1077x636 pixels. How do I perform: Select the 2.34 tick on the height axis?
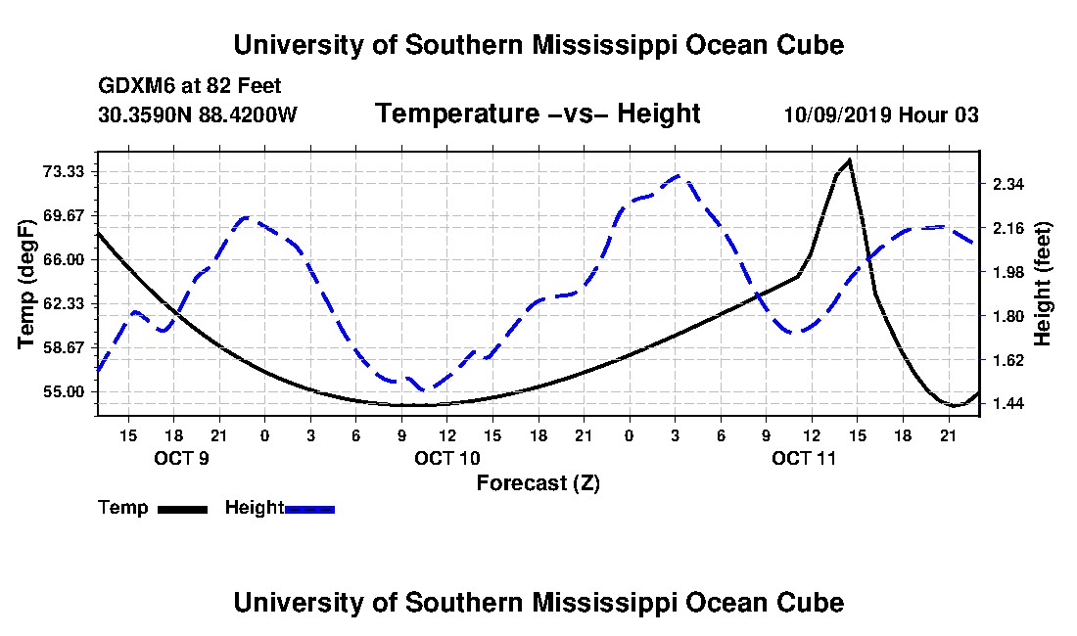(1007, 184)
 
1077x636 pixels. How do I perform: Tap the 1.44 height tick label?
(1007, 404)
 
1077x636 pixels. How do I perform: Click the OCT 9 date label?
(181, 458)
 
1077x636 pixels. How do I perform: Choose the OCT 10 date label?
(447, 458)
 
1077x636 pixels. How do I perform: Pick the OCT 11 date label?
(804, 458)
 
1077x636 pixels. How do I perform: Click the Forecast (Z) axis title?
(538, 483)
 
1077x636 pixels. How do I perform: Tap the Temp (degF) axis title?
(26, 284)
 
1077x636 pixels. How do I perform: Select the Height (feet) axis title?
(1042, 284)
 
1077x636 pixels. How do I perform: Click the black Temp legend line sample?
(182, 509)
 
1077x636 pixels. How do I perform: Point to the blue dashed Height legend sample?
(309, 509)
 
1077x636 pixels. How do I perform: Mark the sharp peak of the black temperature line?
(850, 159)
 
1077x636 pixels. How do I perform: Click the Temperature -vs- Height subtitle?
(538, 114)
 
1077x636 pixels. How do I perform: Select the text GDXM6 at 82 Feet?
(190, 86)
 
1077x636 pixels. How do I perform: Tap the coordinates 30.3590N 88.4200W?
(198, 114)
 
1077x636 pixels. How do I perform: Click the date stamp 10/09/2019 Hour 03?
(881, 114)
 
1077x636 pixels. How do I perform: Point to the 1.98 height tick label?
(1007, 272)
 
